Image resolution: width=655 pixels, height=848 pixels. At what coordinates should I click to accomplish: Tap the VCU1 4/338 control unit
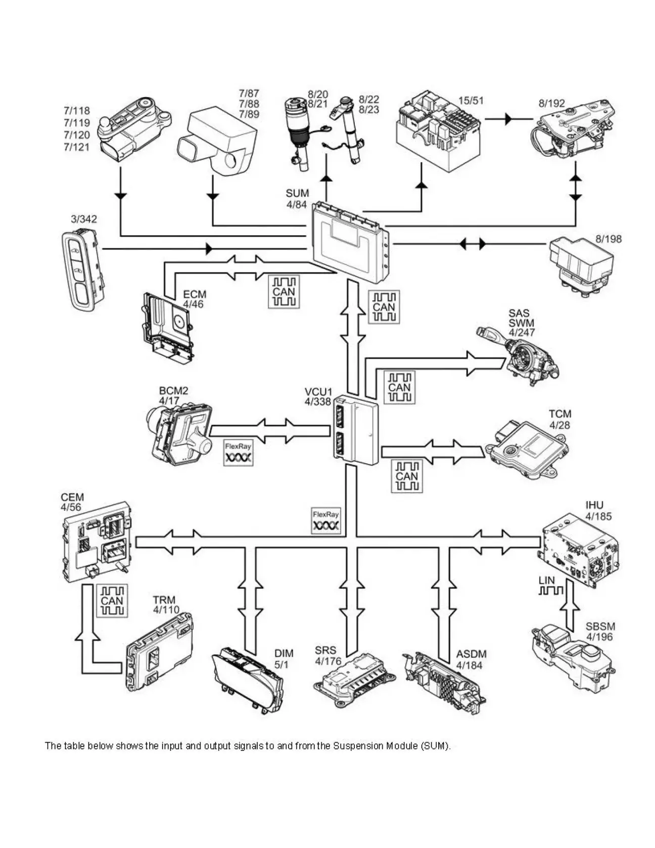pyautogui.click(x=356, y=429)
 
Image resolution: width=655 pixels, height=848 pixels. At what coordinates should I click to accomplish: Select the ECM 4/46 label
pyautogui.click(x=195, y=299)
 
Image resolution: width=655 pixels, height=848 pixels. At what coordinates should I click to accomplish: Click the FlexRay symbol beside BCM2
pyautogui.click(x=238, y=453)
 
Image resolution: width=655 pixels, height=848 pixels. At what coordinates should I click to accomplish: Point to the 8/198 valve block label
pyautogui.click(x=608, y=239)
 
